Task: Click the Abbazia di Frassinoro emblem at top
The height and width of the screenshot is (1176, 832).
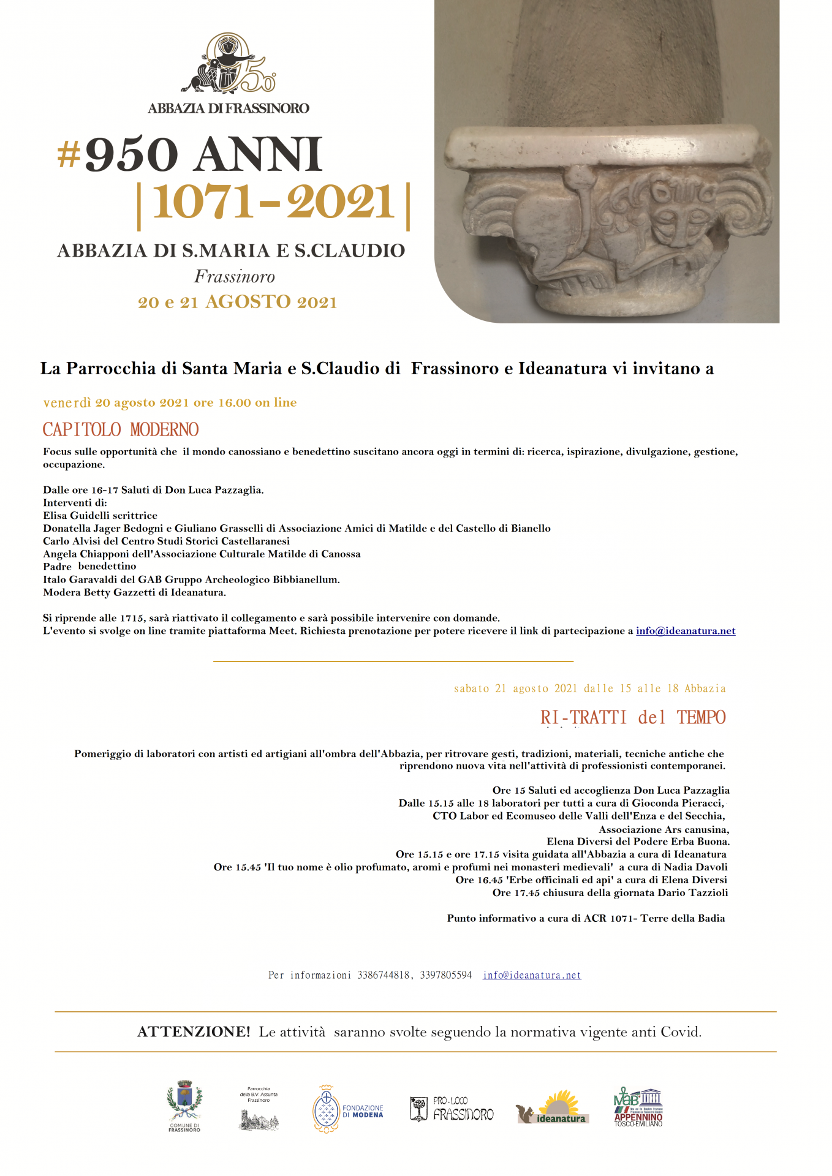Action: [x=228, y=64]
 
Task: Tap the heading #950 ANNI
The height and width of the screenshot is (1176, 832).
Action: [x=190, y=154]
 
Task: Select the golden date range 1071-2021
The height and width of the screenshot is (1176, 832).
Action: [x=273, y=203]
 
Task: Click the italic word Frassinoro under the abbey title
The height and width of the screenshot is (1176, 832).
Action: [x=234, y=277]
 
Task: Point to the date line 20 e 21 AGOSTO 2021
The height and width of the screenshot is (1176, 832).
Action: [x=237, y=303]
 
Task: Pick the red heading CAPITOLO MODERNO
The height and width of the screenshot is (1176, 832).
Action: [x=121, y=430]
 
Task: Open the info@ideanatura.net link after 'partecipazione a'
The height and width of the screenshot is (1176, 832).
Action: [x=686, y=631]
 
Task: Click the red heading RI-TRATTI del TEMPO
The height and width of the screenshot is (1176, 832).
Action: [x=633, y=718]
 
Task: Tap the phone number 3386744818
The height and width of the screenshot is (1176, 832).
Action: [x=384, y=976]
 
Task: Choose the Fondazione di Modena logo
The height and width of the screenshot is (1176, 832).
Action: [x=348, y=1110]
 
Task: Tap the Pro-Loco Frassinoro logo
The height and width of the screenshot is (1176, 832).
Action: [x=452, y=1110]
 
